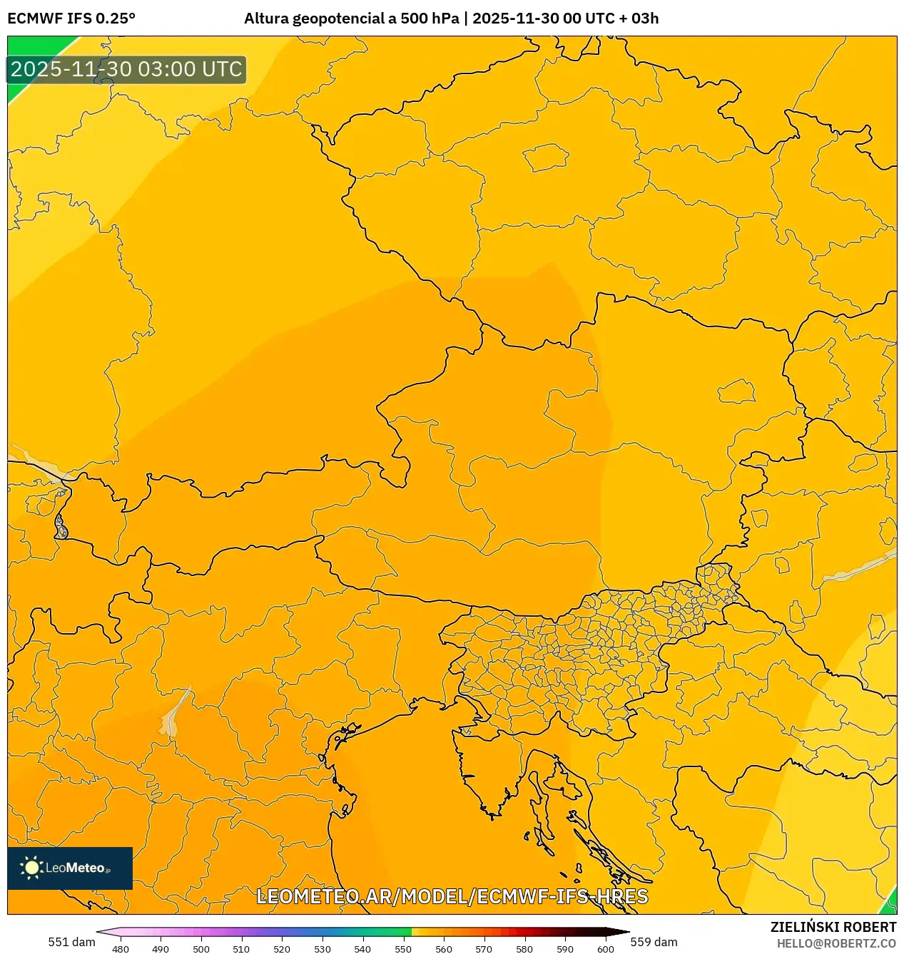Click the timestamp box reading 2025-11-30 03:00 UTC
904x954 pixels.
coord(127,70)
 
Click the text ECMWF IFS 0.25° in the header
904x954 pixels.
coord(71,19)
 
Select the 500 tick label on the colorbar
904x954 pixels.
coord(201,949)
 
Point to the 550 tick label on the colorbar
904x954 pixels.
coord(403,949)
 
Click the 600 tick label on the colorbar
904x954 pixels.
coord(605,949)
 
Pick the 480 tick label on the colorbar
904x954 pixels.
coord(121,949)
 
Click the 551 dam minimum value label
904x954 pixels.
coord(71,942)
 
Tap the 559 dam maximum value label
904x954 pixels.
coord(654,942)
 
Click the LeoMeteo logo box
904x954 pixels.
coord(70,868)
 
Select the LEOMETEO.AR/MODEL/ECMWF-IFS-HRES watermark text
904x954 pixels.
coord(452,896)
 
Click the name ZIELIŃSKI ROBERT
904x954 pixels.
coord(833,927)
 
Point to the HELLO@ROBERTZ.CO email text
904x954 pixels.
coord(836,943)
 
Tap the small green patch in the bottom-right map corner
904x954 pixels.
coord(889,904)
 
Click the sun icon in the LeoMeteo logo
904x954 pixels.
coord(31,868)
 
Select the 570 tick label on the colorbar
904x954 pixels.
coord(484,949)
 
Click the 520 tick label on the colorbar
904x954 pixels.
coord(282,949)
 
